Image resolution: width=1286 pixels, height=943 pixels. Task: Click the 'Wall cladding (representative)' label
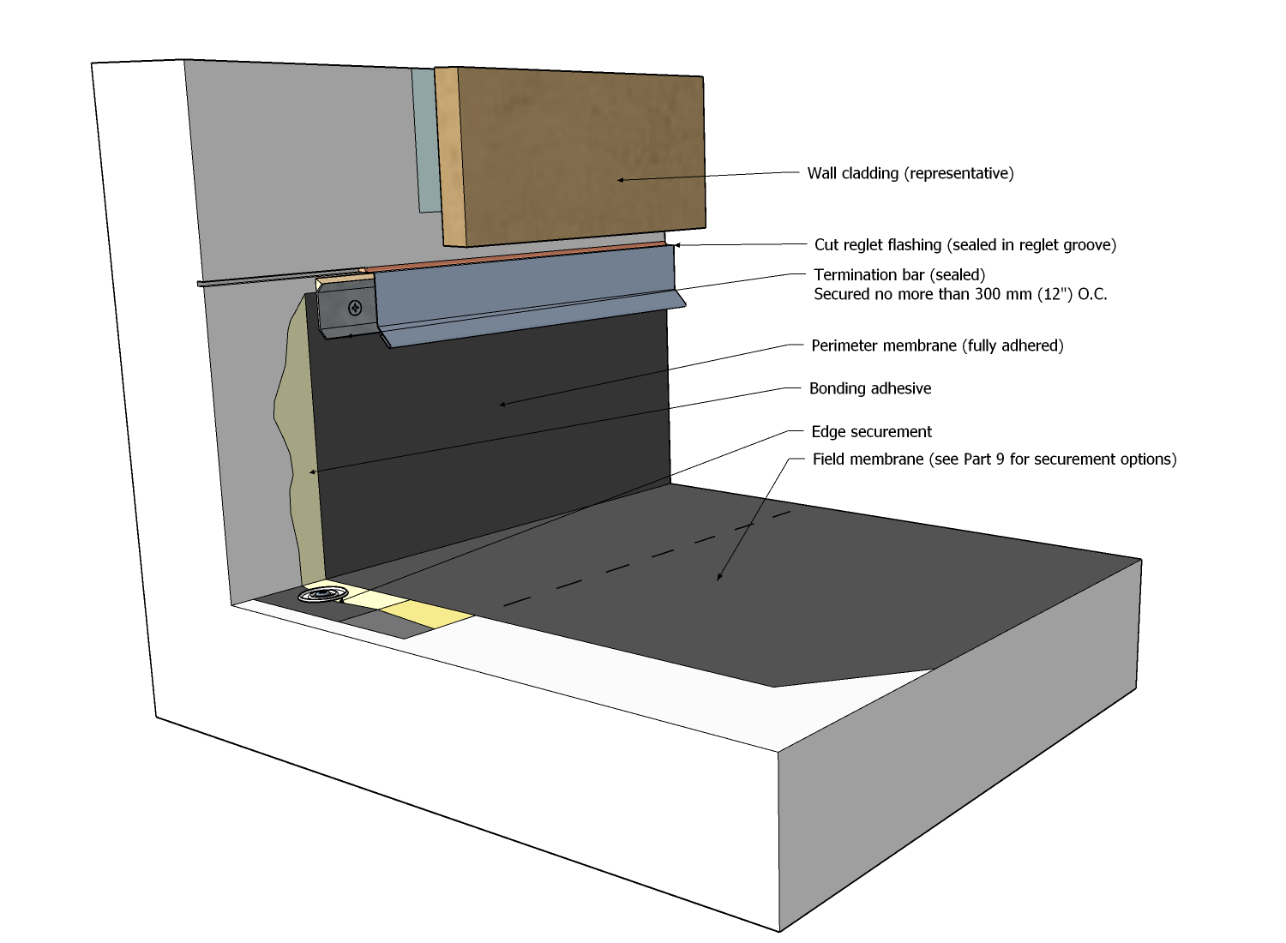[x=910, y=173]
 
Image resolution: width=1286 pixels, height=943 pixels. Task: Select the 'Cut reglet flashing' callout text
[x=964, y=245]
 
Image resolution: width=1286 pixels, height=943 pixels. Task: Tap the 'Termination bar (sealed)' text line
[x=899, y=275]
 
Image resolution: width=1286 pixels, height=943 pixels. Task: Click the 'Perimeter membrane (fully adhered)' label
[x=937, y=346]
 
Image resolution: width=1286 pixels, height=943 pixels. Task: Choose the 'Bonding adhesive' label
[x=870, y=388]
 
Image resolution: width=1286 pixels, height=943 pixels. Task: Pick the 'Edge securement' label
[x=871, y=432]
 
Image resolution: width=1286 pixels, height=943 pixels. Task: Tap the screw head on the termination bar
[x=355, y=308]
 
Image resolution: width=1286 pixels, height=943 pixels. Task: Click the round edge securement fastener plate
[x=322, y=594]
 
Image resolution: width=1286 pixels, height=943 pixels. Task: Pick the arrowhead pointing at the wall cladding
[x=620, y=180]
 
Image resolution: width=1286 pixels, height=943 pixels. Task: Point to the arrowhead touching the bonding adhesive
[x=312, y=471]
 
